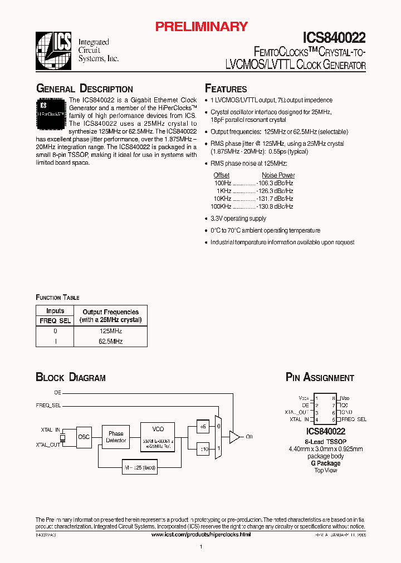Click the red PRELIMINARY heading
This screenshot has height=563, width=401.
[201, 26]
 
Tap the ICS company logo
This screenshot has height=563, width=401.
[54, 51]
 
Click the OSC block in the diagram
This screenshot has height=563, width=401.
[84, 437]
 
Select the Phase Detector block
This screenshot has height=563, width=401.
[116, 437]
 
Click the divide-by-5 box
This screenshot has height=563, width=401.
[203, 427]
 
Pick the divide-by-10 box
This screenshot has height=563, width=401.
[203, 449]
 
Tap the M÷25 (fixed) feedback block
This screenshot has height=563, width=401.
[139, 467]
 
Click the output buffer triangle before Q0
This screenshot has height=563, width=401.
[235, 437]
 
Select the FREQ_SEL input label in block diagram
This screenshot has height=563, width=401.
[48, 406]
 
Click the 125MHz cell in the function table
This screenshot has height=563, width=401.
[110, 330]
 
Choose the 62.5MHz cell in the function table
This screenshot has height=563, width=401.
[110, 341]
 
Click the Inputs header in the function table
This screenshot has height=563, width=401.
[55, 311]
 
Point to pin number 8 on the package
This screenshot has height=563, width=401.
[334, 398]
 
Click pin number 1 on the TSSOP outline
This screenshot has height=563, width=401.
[317, 398]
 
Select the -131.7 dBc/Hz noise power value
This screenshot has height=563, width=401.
[275, 199]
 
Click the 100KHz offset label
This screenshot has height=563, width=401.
[222, 206]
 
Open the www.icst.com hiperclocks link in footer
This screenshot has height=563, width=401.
[201, 534]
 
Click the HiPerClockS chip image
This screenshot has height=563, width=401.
[51, 111]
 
